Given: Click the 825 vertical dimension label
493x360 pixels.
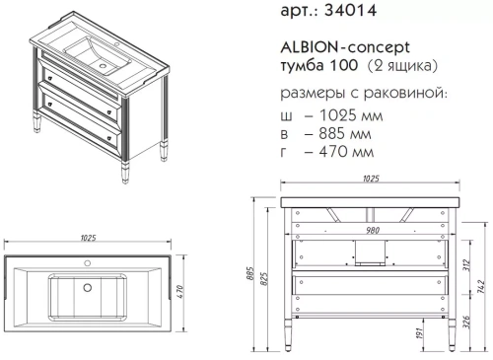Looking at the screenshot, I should click(262, 278).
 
